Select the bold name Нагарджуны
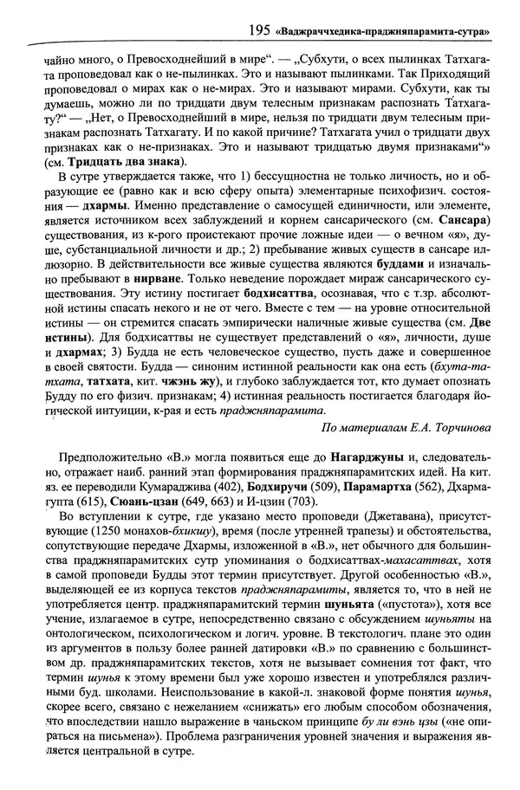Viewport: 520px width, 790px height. point(348,485)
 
